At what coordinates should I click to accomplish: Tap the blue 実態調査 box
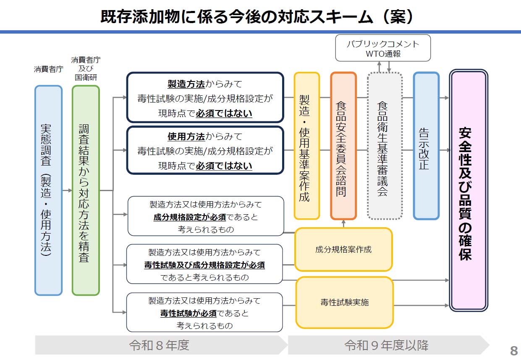pyautogui.click(x=48, y=190)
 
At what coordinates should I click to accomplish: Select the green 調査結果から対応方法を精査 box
pyautogui.click(x=85, y=190)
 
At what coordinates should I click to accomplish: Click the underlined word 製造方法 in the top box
pyautogui.click(x=186, y=84)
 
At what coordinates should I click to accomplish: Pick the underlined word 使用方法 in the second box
pyautogui.click(x=186, y=137)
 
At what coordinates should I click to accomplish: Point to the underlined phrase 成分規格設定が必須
pyautogui.click(x=190, y=217)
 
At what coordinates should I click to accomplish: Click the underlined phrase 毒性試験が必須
pyautogui.click(x=188, y=313)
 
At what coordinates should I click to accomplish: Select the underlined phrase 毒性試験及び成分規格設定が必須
pyautogui.click(x=204, y=265)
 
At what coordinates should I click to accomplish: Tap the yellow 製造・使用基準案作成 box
pyautogui.click(x=306, y=146)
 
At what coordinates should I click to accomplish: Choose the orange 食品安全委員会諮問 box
pyautogui.click(x=343, y=146)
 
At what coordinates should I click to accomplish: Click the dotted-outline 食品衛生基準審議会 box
pyautogui.click(x=385, y=146)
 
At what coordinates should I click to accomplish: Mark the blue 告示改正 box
pyautogui.click(x=426, y=146)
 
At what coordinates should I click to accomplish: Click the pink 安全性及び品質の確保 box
pyautogui.click(x=468, y=190)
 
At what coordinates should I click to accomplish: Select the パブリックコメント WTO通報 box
pyautogui.click(x=383, y=48)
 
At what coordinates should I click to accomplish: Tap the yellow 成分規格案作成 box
pyautogui.click(x=343, y=250)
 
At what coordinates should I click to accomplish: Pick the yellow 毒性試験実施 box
pyautogui.click(x=344, y=302)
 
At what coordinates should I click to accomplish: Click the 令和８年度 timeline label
pyautogui.click(x=159, y=345)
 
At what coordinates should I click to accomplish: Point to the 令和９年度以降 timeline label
pyautogui.click(x=386, y=345)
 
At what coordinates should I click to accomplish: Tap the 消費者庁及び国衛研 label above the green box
pyautogui.click(x=85, y=69)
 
